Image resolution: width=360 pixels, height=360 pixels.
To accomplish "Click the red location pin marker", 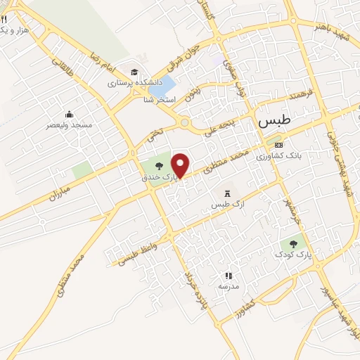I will (x=181, y=165).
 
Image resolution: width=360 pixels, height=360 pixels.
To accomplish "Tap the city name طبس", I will (x=274, y=121).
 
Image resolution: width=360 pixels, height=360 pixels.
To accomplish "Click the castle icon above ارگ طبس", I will (x=226, y=193).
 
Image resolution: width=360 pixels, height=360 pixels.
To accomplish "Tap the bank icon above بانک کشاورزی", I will (x=278, y=145).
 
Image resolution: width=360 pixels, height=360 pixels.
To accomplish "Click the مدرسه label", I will (x=228, y=287).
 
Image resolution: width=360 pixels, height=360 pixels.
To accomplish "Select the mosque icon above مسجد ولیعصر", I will (x=69, y=115).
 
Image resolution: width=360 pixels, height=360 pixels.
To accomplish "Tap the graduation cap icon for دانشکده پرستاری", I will (x=133, y=71).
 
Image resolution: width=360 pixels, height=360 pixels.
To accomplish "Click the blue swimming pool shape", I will (x=162, y=87).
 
